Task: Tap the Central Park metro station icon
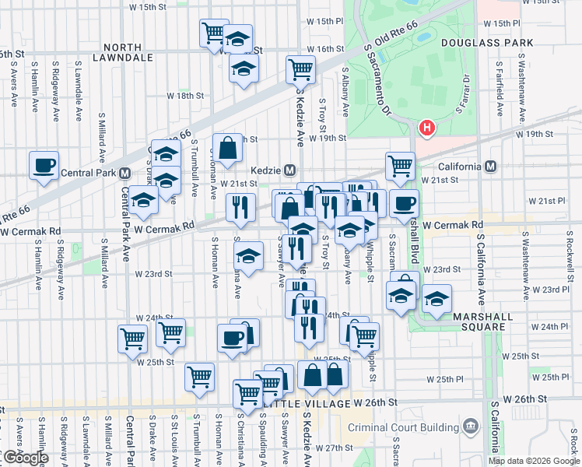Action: point(124,172)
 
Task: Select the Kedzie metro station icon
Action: point(289,170)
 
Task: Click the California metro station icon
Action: point(490,167)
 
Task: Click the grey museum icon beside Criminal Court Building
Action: point(470,427)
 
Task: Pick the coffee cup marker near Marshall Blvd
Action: point(404,204)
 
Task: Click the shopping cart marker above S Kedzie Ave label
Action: point(300,69)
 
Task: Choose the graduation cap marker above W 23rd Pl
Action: point(436,300)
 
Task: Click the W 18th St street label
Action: point(187,96)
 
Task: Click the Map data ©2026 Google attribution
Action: point(534,461)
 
